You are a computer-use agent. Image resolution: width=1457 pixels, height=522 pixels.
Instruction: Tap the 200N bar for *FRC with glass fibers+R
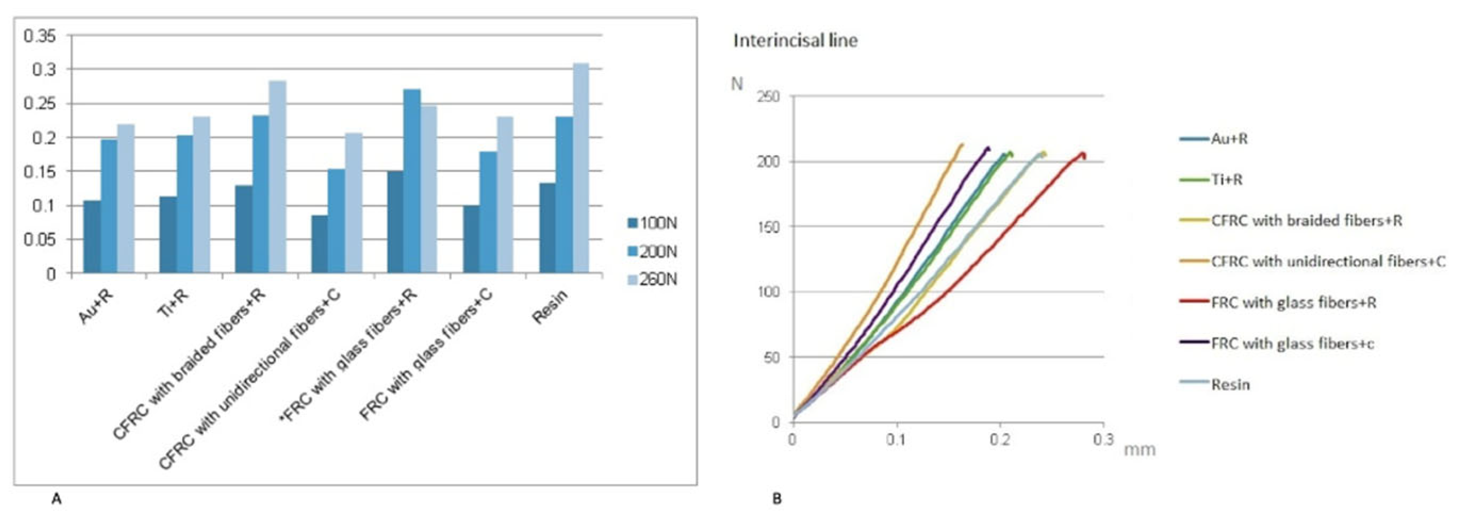412,181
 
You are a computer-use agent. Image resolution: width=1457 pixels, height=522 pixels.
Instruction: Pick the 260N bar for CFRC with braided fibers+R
277,177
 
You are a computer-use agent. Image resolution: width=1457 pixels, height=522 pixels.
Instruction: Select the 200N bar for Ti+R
184,204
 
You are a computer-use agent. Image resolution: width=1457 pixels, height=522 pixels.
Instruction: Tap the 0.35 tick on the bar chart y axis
40,37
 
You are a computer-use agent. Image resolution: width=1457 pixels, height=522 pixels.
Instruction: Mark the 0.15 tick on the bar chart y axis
40,172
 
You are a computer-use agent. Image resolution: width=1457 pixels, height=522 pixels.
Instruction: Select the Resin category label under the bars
550,307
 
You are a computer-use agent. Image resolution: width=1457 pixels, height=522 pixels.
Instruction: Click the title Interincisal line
795,41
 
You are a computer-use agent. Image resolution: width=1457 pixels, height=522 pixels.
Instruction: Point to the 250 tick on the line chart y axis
768,97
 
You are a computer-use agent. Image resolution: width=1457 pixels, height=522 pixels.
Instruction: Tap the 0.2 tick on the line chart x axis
1000,440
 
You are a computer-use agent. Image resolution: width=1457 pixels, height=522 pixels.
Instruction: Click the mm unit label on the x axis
1138,450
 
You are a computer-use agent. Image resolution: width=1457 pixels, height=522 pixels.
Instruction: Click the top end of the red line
1082,153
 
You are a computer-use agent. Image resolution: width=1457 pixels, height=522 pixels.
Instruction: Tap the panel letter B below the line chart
777,499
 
